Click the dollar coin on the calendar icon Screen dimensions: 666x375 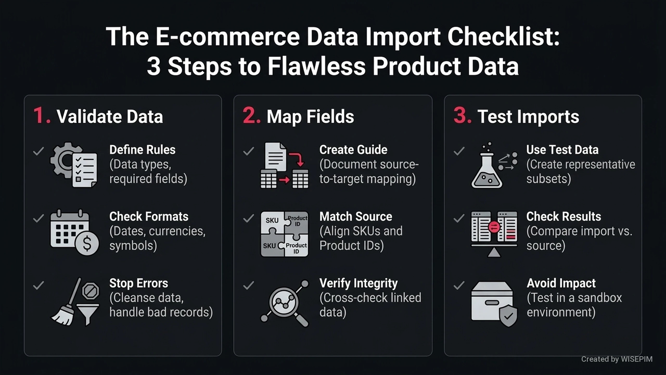pyautogui.click(x=87, y=243)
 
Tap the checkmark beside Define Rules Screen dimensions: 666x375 pyautogui.click(x=39, y=151)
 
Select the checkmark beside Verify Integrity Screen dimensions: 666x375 pyautogui.click(x=248, y=285)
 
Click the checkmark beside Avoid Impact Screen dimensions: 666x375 pyautogui.click(x=459, y=285)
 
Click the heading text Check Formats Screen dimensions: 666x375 pyautogui.click(x=149, y=216)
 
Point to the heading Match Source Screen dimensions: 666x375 pyautogui.click(x=356, y=216)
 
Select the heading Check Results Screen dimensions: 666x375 pyautogui.click(x=563, y=216)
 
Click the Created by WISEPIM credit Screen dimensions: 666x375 pyautogui.click(x=617, y=359)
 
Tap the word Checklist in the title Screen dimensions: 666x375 pyautogui.click(x=503, y=36)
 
